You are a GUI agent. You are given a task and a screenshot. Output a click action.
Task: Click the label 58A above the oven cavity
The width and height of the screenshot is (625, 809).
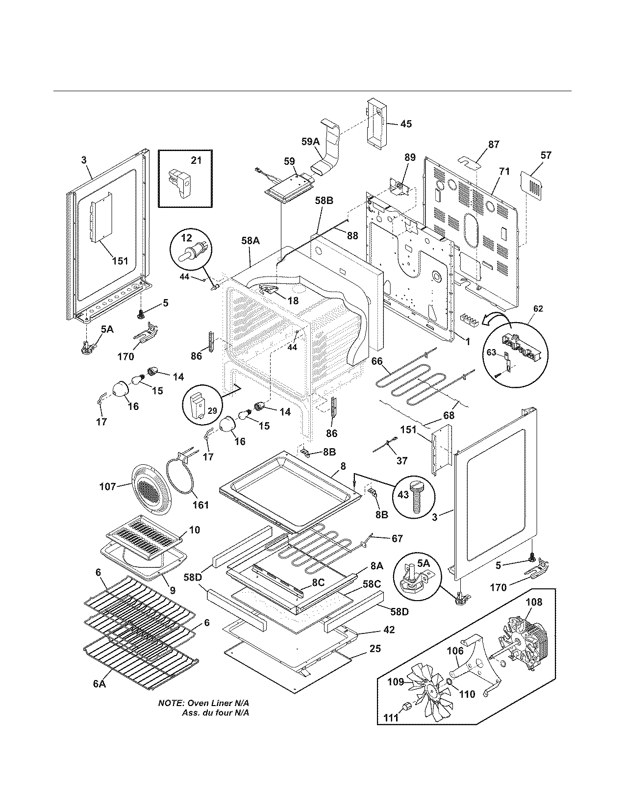(x=250, y=241)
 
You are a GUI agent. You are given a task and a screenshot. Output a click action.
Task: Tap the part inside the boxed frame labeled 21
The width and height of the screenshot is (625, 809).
(x=181, y=182)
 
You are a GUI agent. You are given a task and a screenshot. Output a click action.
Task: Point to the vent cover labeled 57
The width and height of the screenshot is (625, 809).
(x=533, y=184)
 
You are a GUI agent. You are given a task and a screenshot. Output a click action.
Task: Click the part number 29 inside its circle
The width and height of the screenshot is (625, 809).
(x=211, y=410)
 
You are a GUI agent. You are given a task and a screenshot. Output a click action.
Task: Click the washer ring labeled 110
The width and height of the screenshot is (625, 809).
(x=449, y=683)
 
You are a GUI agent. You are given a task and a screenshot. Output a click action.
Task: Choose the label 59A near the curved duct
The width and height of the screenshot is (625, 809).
(x=310, y=142)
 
